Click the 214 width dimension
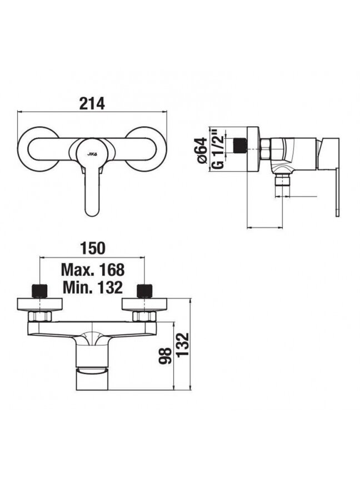92,103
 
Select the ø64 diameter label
202,151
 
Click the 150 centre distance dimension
92,248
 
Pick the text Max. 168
93,269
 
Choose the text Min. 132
93,287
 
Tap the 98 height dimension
164,355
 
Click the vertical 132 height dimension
182,345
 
